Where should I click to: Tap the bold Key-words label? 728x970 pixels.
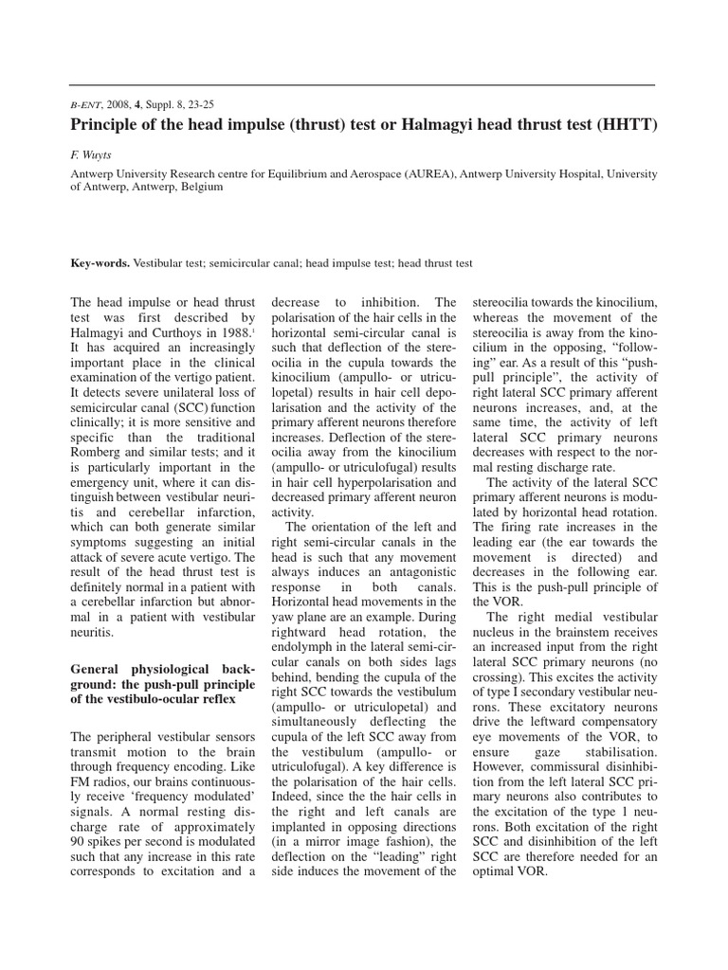101,263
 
